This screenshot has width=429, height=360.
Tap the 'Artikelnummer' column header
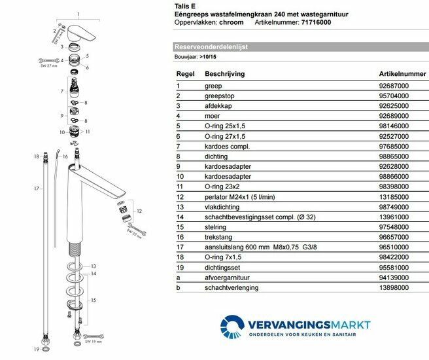pyautogui.click(x=390, y=74)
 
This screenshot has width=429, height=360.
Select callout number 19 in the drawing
pyautogui.click(x=37, y=349)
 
